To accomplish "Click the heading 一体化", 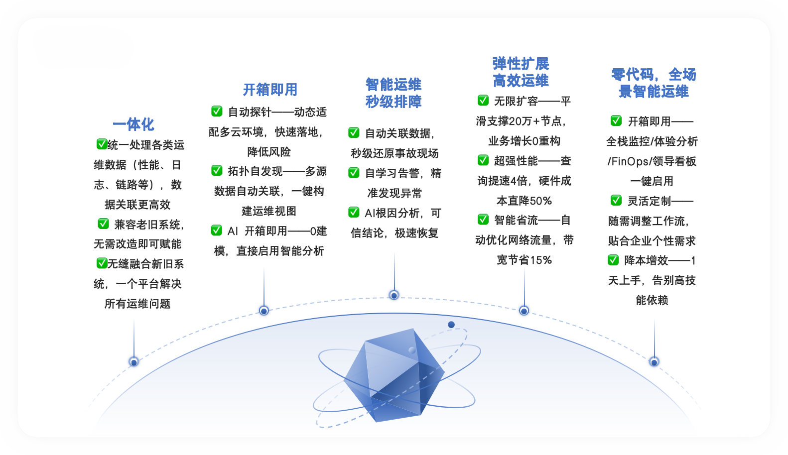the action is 133,124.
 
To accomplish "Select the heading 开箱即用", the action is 270,90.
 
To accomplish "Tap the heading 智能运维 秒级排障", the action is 394,93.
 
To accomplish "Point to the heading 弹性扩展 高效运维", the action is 521,72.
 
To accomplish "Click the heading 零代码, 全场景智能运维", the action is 654,83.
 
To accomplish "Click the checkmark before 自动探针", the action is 217,111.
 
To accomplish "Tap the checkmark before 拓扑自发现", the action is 217,171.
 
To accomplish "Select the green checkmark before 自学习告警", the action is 354,173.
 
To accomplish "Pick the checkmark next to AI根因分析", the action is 354,213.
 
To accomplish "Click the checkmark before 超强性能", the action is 483,160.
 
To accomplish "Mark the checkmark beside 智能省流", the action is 483,220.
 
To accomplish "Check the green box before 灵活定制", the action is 616,201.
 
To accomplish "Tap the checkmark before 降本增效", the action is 613,260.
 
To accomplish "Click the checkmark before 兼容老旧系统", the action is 103,224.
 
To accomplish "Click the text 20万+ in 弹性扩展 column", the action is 524,121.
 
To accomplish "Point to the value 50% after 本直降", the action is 541,201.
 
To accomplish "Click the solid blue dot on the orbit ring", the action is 451,325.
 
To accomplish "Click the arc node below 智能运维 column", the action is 394,295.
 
